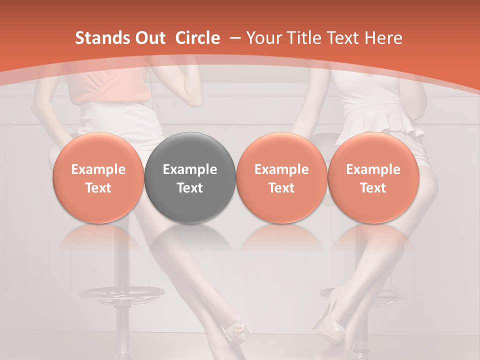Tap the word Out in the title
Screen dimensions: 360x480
149,38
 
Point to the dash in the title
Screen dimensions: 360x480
233,38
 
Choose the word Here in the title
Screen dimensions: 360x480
382,38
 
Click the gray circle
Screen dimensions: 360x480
190,177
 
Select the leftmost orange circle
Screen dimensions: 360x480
98,177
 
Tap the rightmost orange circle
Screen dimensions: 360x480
373,177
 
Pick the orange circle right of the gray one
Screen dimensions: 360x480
281,177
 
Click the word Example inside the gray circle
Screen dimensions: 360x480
190,169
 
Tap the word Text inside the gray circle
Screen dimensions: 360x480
190,188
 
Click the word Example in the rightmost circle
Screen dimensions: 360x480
373,169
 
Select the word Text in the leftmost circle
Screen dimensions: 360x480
98,188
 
